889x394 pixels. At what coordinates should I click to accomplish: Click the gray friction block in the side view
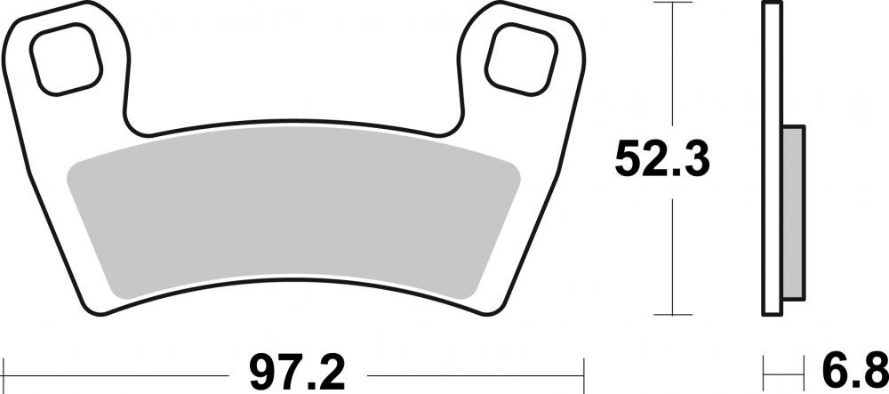(793, 213)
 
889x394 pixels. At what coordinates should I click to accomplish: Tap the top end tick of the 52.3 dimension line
(672, 4)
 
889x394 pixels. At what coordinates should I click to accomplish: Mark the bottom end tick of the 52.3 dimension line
(672, 316)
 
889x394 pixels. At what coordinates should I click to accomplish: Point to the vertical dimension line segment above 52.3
(672, 62)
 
